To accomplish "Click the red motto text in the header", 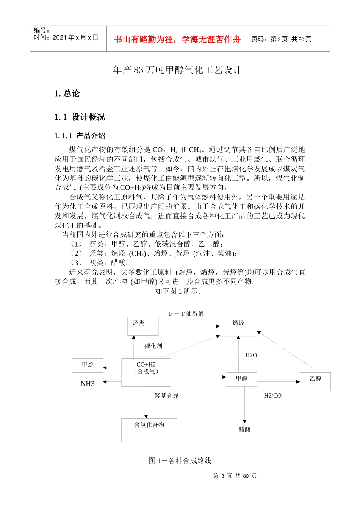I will pos(177,39).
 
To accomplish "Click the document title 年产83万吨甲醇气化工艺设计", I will pos(177,70).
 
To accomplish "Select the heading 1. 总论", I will pos(67,94).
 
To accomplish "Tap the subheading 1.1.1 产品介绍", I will pos(80,136).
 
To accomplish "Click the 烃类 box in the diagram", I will pos(143,326).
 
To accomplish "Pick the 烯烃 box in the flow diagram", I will pos(238,326).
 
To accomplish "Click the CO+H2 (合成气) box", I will pos(146,372).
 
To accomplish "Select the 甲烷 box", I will pos(88,365).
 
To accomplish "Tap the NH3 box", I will pos(88,384).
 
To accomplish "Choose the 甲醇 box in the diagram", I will pos(241,379).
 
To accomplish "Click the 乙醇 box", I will pos(315,381).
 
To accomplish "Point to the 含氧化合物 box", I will pos(149,430).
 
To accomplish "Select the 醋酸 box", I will pos(244,432).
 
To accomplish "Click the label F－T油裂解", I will pos(186,314).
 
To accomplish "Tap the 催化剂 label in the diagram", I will pos(153,346).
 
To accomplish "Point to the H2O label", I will pos(251,355).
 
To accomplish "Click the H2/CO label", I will pos(273,396).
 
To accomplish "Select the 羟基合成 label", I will pos(166,396).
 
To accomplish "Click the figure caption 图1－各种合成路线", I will pos(180,461).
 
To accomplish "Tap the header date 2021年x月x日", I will pos(75,37).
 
